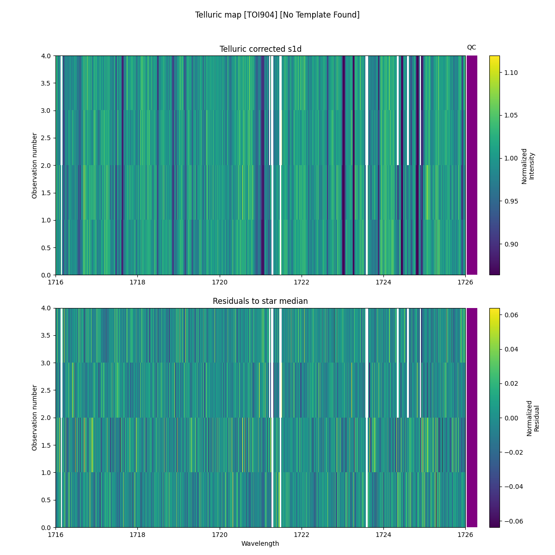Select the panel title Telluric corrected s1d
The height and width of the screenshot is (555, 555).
pyautogui.click(x=260, y=49)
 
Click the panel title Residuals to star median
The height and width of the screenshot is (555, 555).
pyautogui.click(x=260, y=301)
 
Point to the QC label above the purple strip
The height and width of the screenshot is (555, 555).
pyautogui.click(x=471, y=47)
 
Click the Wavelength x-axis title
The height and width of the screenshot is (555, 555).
pyautogui.click(x=260, y=543)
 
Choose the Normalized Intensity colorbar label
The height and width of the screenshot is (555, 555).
pyautogui.click(x=528, y=166)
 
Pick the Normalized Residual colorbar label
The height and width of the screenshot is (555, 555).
pyautogui.click(x=533, y=418)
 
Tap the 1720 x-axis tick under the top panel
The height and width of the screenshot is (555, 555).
pyautogui.click(x=219, y=282)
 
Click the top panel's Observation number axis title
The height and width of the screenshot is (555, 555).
pyautogui.click(x=35, y=166)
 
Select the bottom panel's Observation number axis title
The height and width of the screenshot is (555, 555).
pyautogui.click(x=35, y=418)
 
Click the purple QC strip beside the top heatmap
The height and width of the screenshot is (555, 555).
pyautogui.click(x=472, y=165)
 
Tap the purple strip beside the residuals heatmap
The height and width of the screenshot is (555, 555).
pyautogui.click(x=472, y=418)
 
